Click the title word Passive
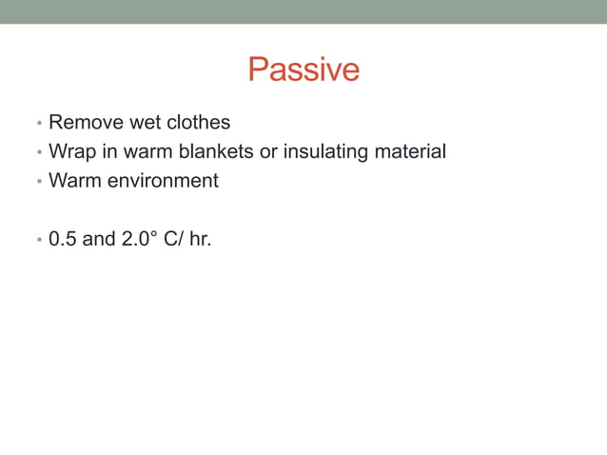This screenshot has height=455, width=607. pos(303,69)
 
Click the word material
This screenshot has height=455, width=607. pos(410,151)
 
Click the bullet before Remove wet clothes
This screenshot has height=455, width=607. pos(38,125)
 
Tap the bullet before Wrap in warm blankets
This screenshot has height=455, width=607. pos(38,153)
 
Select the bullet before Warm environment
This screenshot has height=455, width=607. pos(38,182)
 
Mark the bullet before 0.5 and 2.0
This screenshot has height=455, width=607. pos(38,240)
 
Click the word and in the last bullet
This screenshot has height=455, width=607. pos(99,238)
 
